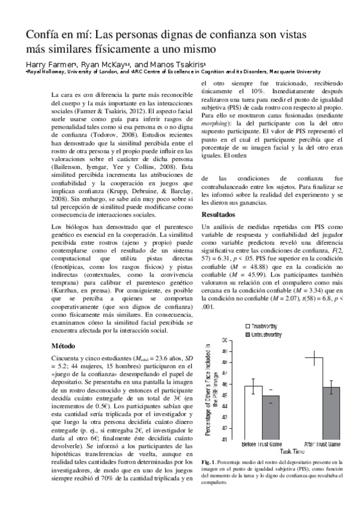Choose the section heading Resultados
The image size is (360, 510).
point(218,214)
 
